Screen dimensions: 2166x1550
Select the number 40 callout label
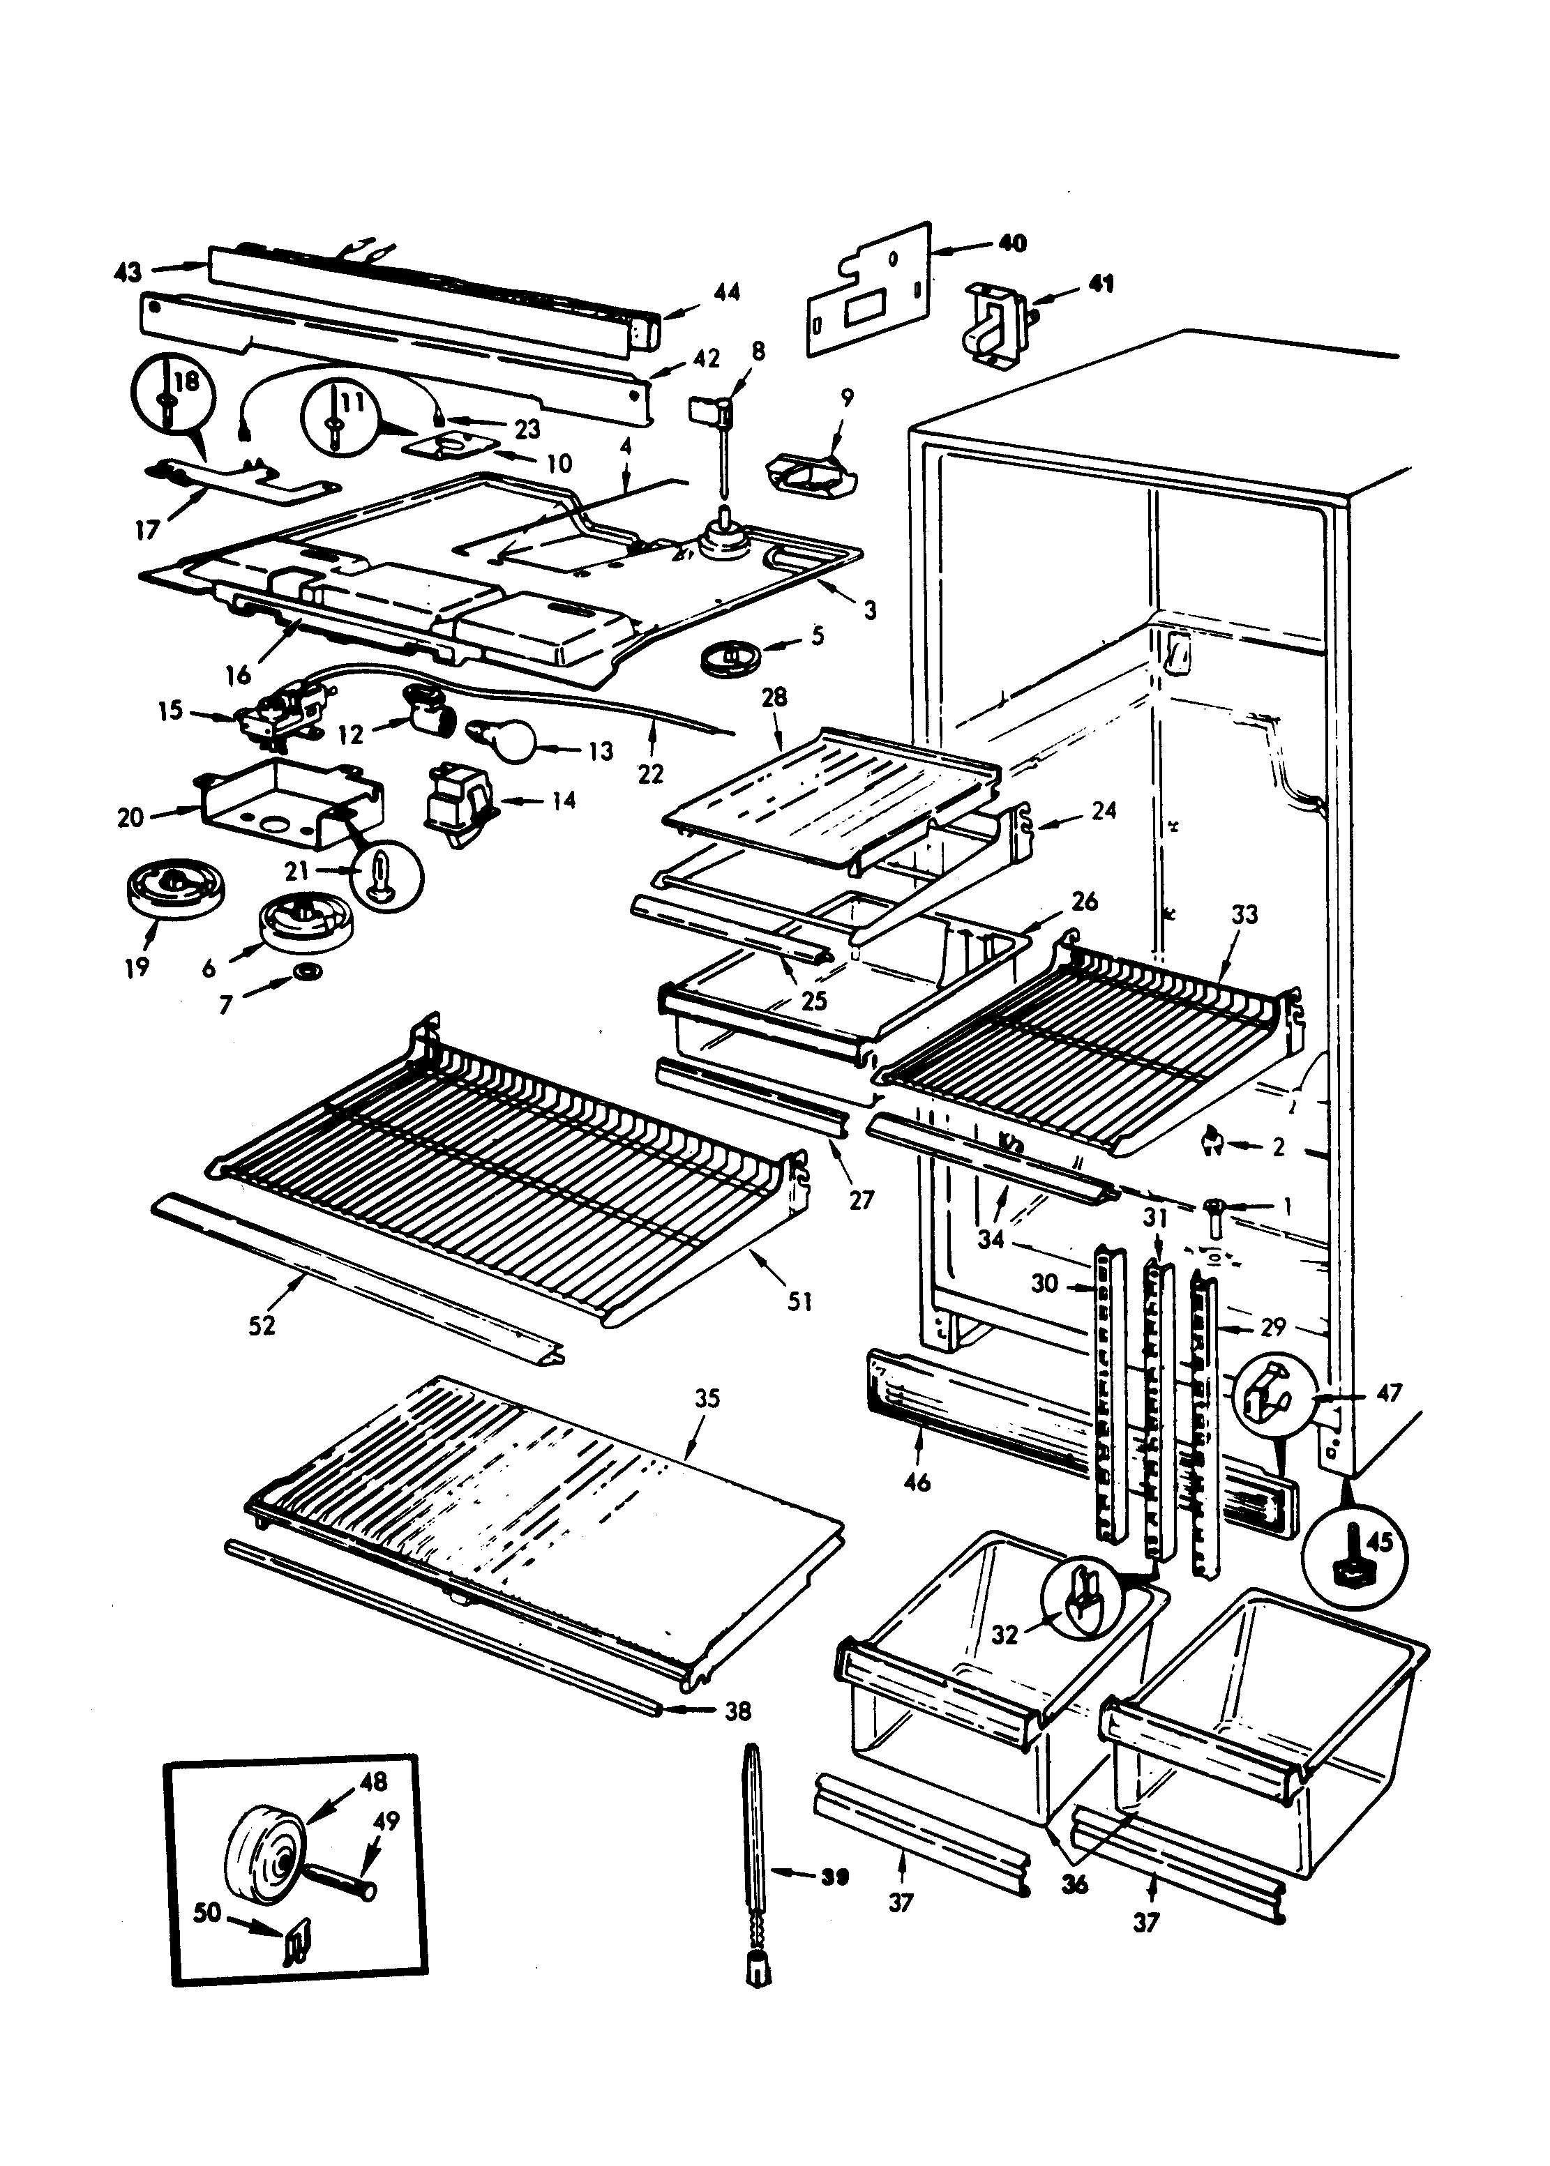click(x=1011, y=243)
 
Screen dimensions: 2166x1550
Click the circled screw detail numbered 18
click(x=173, y=393)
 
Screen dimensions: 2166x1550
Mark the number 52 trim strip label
click(x=262, y=1326)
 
